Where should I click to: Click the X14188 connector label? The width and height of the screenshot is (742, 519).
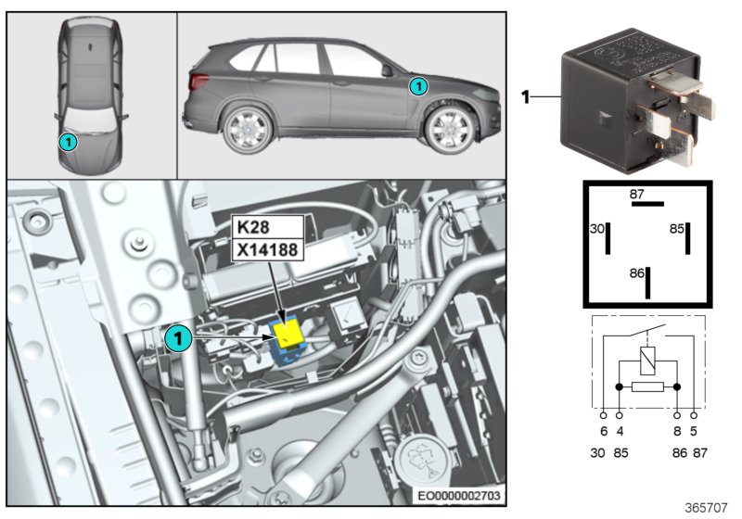[x=267, y=248]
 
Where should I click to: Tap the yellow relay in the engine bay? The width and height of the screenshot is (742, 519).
[x=288, y=333]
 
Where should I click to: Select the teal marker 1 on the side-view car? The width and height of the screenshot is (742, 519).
[x=418, y=86]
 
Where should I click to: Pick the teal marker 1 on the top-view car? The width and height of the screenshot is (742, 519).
[x=67, y=142]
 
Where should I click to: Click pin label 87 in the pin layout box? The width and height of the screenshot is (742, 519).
[x=636, y=195]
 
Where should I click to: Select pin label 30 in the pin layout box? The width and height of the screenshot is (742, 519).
[x=598, y=228]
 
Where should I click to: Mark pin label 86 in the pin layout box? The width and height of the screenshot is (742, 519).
[x=636, y=275]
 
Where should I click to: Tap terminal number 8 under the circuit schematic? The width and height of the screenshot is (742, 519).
[x=677, y=431]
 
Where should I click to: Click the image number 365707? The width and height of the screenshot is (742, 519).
[x=707, y=508]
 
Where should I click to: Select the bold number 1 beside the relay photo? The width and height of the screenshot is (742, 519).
[x=525, y=96]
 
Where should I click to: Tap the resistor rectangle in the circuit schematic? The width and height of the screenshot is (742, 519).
[x=647, y=386]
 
